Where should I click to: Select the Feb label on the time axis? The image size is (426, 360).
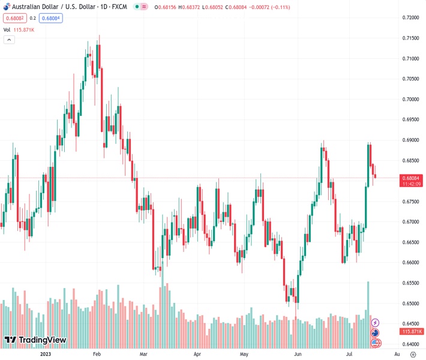pos(97,354)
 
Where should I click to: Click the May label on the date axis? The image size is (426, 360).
pos(244,354)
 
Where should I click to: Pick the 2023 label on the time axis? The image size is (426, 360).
pos(45,354)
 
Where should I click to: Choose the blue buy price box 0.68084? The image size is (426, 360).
pos(50,18)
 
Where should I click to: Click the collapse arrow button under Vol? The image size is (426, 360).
pos(9,40)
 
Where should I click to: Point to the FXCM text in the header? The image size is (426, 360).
pos(121,7)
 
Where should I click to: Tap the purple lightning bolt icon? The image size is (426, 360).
pos(376,323)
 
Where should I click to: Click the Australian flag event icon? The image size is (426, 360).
pos(376,333)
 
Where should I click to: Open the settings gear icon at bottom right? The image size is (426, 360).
pos(413,354)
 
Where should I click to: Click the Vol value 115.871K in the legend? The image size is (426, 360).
pos(25,29)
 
